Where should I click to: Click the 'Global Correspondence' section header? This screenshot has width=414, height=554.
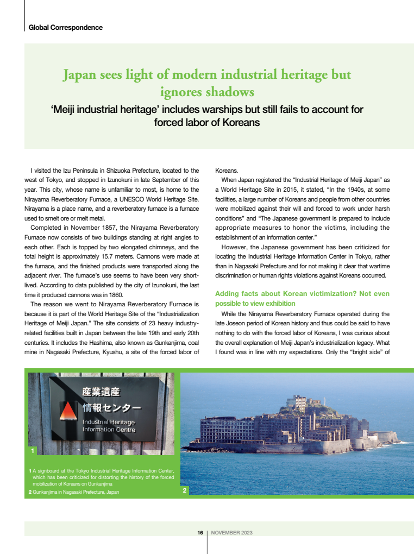[x=65, y=27]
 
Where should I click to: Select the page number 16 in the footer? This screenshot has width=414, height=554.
[x=200, y=533]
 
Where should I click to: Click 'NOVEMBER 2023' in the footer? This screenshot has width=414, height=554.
[x=231, y=533]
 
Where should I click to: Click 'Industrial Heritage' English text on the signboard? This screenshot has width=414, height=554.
[x=109, y=422]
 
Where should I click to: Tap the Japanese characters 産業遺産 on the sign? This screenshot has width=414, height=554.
[x=101, y=392]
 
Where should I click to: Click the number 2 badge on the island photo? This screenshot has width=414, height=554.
[x=185, y=490]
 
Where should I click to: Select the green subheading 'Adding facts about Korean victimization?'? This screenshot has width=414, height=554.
[x=302, y=294]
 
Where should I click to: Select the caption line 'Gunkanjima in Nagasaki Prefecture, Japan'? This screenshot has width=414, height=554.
[x=76, y=492]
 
